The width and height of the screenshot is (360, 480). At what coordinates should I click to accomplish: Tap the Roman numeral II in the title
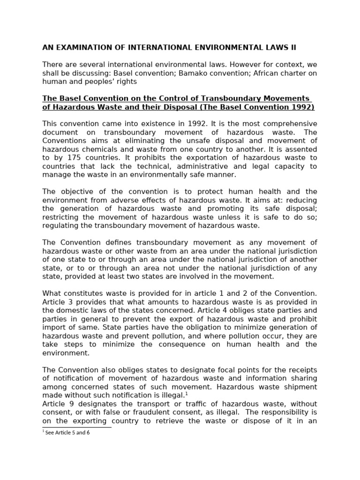292,47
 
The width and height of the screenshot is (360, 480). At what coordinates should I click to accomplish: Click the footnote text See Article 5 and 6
67,433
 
